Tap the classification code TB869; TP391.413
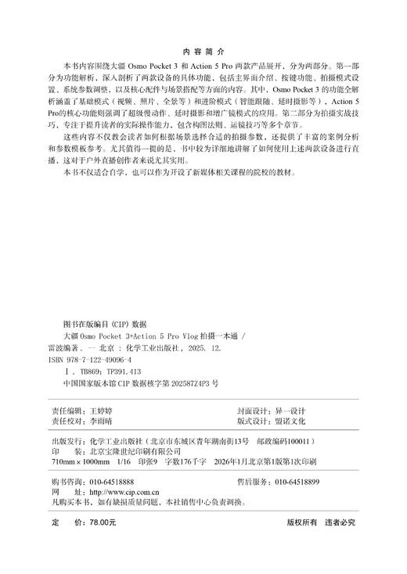click(105, 372)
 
